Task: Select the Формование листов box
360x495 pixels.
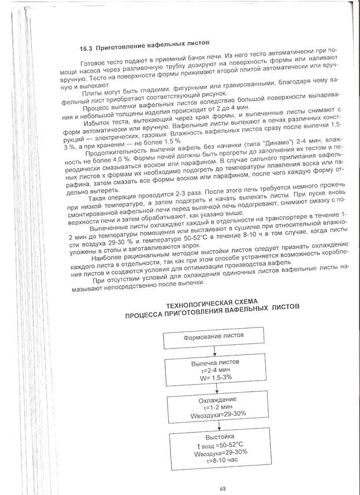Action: pos(214,336)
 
